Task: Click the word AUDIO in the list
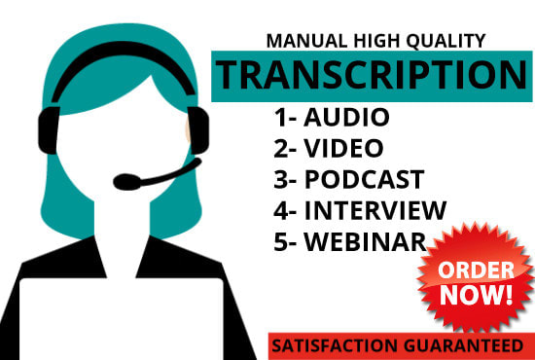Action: click(x=346, y=119)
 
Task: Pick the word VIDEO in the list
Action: click(x=343, y=149)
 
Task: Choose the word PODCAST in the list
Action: click(x=366, y=179)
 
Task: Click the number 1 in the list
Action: click(x=280, y=119)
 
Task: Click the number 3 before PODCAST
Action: click(x=280, y=179)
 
